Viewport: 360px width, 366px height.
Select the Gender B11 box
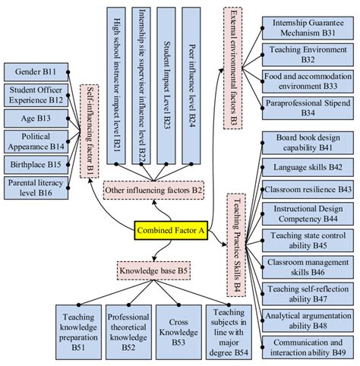35,73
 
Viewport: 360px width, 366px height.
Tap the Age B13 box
35,118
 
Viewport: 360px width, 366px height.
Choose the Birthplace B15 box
35,164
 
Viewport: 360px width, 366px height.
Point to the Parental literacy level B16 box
35,188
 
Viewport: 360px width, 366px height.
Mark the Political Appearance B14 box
35,141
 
